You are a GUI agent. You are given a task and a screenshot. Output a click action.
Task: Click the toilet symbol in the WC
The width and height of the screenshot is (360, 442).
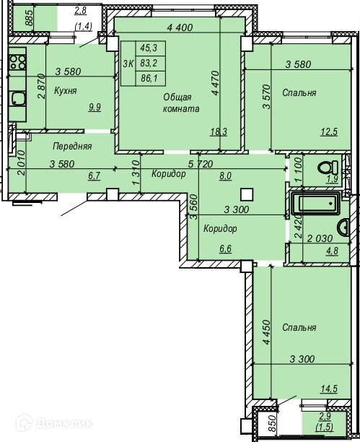[x=328, y=168]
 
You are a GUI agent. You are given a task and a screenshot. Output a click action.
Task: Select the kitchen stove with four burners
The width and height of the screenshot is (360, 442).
[x=17, y=62]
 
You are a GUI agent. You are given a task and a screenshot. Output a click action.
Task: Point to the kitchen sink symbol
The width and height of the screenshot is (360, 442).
[x=18, y=99]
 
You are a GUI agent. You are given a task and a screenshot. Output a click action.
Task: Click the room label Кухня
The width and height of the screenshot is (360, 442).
[x=66, y=91]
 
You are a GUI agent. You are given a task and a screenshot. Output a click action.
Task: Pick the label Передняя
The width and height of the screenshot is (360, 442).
[x=72, y=147]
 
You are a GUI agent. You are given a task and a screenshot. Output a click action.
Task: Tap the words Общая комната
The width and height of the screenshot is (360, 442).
[x=181, y=103]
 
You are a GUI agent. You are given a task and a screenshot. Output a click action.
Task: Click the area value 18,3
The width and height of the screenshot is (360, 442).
[x=219, y=131]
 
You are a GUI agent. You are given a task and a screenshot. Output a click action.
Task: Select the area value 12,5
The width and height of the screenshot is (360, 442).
[x=329, y=131]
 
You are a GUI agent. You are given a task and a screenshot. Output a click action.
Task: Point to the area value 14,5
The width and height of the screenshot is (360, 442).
[x=329, y=389]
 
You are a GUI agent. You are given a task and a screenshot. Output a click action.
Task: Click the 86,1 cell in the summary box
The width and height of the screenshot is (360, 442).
[x=149, y=79]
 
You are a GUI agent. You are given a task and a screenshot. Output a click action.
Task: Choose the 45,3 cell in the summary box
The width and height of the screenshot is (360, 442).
[x=149, y=48]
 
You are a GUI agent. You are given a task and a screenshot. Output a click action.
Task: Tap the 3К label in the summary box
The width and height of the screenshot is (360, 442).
[x=128, y=64]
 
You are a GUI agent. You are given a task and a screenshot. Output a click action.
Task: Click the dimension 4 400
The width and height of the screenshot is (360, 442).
[x=180, y=27]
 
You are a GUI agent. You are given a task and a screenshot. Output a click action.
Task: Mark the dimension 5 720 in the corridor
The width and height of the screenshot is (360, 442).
[x=201, y=163]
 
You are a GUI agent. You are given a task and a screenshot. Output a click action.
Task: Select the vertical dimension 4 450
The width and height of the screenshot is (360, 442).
[x=266, y=331]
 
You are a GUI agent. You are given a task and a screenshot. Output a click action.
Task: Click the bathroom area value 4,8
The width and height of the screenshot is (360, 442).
[x=333, y=251]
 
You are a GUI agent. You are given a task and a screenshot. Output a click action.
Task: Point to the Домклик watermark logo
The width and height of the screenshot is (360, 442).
[x=54, y=422]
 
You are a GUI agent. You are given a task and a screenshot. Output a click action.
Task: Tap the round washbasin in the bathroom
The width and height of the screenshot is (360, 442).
[x=343, y=227]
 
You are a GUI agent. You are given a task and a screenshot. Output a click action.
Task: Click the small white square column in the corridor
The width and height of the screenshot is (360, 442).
[x=247, y=194]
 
